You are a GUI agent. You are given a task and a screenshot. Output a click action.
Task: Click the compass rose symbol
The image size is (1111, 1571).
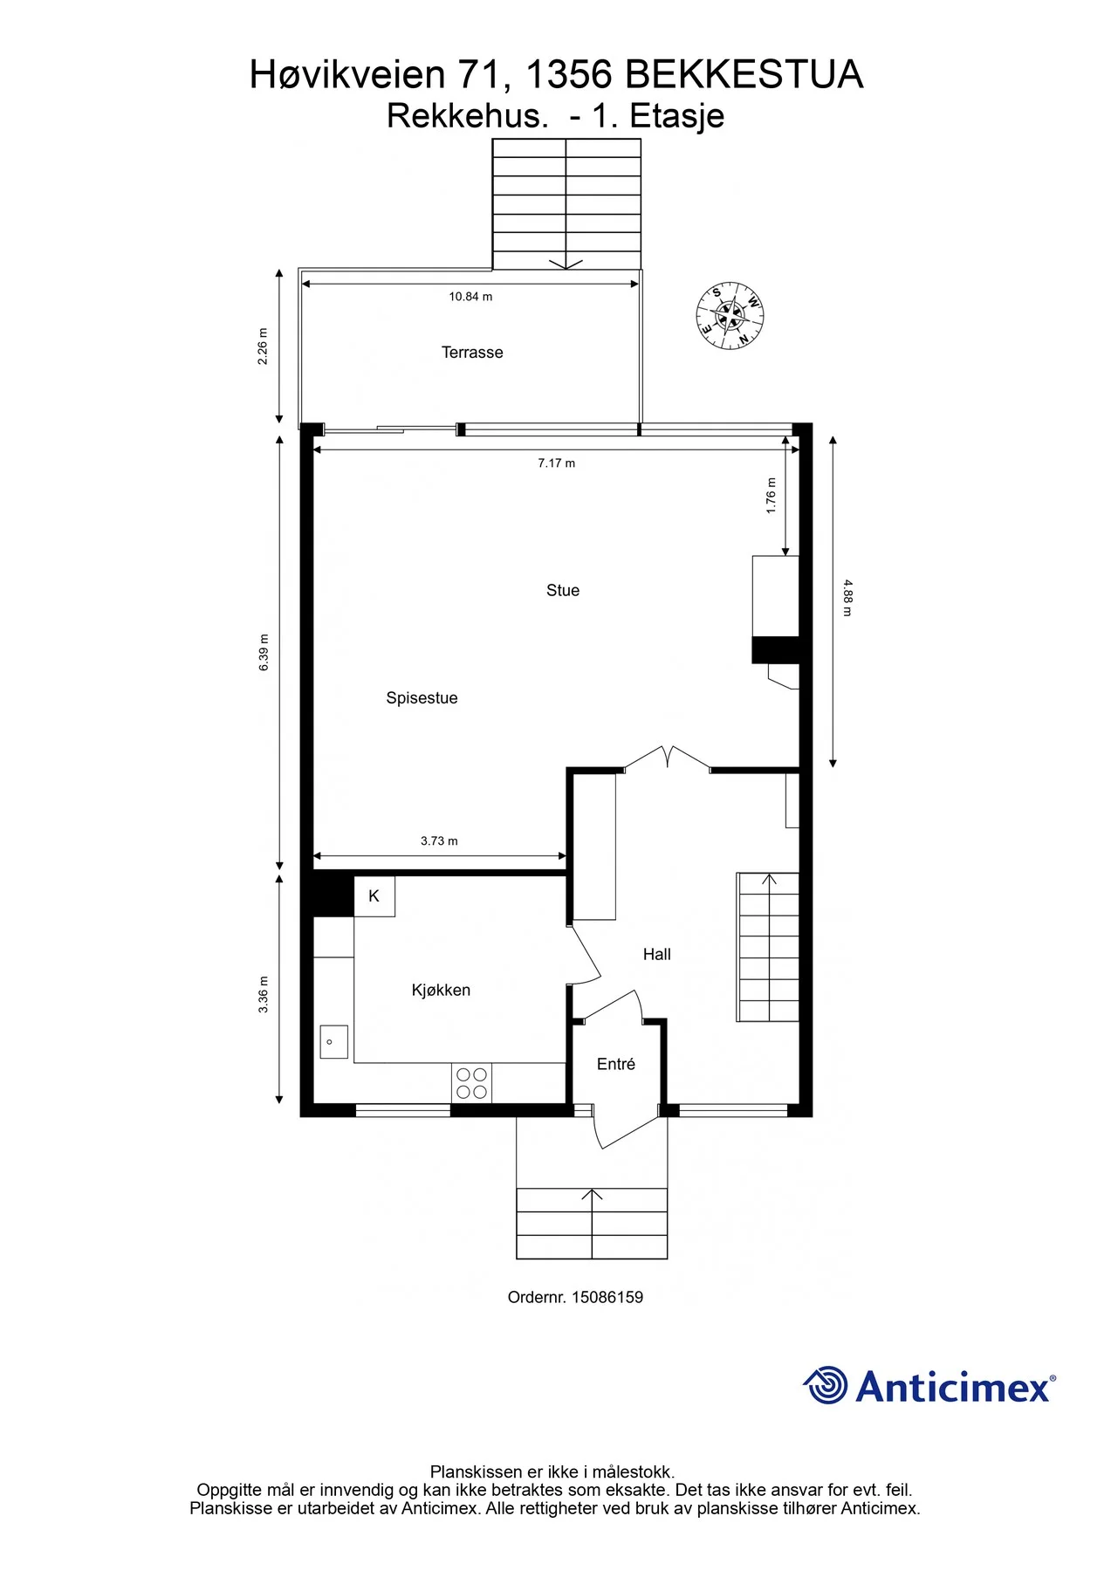(x=730, y=315)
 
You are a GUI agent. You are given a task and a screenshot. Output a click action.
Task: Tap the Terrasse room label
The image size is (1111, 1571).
(x=472, y=353)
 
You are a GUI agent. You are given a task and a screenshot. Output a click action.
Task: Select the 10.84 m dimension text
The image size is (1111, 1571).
(x=470, y=297)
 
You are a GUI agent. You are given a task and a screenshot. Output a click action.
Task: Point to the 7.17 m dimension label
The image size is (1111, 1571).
(x=556, y=463)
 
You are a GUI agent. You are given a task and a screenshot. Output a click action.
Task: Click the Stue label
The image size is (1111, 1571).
(x=563, y=591)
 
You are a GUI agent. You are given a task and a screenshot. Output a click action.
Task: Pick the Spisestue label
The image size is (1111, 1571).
(x=422, y=698)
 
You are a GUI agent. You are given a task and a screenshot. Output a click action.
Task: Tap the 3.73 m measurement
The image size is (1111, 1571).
(x=439, y=841)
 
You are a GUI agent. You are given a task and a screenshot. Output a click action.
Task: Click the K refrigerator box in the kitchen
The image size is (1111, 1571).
(x=374, y=896)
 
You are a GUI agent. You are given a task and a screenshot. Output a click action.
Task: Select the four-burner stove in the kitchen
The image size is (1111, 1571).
(x=471, y=1083)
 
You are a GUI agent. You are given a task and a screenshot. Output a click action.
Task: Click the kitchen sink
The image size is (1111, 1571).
(x=333, y=1042)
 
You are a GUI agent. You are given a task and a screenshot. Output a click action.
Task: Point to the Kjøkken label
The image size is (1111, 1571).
(x=441, y=991)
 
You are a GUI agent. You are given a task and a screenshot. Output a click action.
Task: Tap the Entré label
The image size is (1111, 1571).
(x=616, y=1064)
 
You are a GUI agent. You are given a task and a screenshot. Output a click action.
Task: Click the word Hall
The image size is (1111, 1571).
(x=657, y=955)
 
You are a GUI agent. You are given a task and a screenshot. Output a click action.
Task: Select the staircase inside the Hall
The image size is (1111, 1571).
(x=769, y=947)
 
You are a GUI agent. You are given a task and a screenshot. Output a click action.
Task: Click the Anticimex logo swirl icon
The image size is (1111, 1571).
(x=825, y=1385)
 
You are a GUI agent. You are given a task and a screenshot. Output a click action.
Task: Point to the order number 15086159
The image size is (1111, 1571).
(x=607, y=1298)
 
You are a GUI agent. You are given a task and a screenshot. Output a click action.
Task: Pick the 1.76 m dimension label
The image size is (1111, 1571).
(x=771, y=496)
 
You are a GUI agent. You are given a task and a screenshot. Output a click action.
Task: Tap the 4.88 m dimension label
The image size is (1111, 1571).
(x=847, y=599)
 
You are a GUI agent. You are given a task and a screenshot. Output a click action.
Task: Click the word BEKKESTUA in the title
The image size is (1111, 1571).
(x=744, y=75)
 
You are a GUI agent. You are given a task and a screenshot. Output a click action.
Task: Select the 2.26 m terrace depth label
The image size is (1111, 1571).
(x=263, y=346)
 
